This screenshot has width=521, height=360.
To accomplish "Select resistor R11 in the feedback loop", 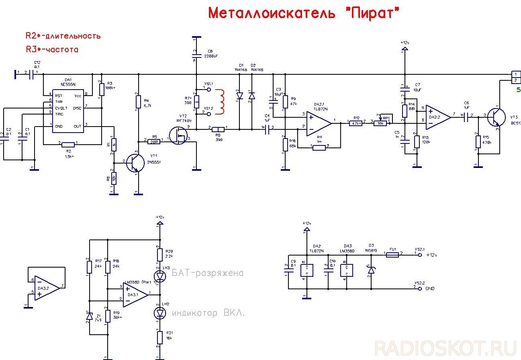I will click(319, 148).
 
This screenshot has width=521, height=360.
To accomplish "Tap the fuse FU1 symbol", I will click(392, 254).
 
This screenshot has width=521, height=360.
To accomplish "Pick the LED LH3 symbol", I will click(160, 276).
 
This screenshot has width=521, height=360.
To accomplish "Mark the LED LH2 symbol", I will click(160, 312).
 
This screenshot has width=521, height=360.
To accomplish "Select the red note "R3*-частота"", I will click(52, 50).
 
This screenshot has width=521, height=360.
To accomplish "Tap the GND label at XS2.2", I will click(430, 288).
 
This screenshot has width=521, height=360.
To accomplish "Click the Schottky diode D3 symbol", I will click(371, 271).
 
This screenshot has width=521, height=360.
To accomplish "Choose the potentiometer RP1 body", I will click(380, 123).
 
